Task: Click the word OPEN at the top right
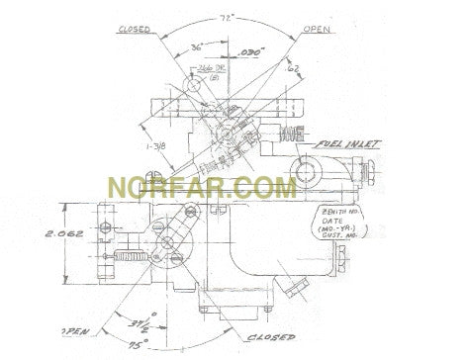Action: pyautogui.click(x=316, y=29)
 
